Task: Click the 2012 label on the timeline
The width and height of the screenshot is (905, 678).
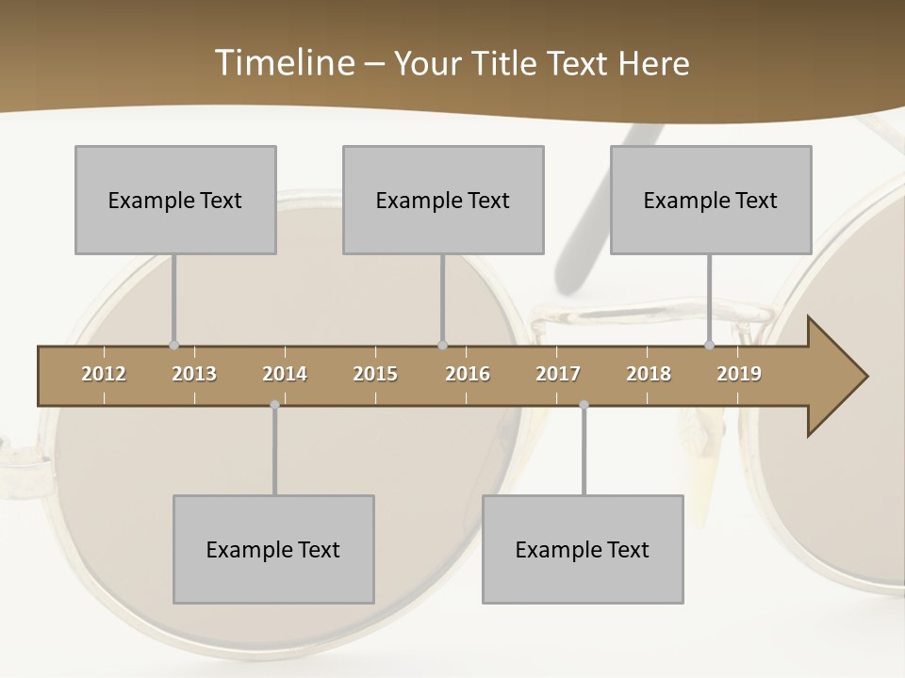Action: pos(104,374)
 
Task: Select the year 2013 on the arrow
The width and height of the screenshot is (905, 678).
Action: pos(194,374)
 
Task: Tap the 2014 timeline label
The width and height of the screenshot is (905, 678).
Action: pos(285,374)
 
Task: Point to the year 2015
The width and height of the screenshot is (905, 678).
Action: pos(375,374)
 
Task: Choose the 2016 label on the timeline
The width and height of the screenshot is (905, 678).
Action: pos(468,374)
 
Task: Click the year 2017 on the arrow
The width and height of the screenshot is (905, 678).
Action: pos(558,374)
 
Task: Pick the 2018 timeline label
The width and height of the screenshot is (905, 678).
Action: pos(649,374)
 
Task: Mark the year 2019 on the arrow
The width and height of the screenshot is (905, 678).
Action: pos(739,374)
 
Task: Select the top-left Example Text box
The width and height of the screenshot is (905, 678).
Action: pos(175,200)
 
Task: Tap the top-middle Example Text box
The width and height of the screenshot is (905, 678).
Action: pos(443,200)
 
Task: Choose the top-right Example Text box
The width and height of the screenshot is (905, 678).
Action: pos(711,200)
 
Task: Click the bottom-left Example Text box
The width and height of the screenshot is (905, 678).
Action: pos(273,549)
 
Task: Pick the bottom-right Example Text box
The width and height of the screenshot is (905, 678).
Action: pos(583,549)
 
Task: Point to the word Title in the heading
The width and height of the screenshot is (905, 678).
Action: pos(509,63)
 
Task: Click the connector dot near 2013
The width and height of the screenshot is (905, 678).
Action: pos(173,346)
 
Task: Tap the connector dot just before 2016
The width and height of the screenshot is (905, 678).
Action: pos(443,346)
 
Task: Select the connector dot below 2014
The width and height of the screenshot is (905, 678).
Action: pos(274,405)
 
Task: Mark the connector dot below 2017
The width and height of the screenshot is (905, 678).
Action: pos(584,405)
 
